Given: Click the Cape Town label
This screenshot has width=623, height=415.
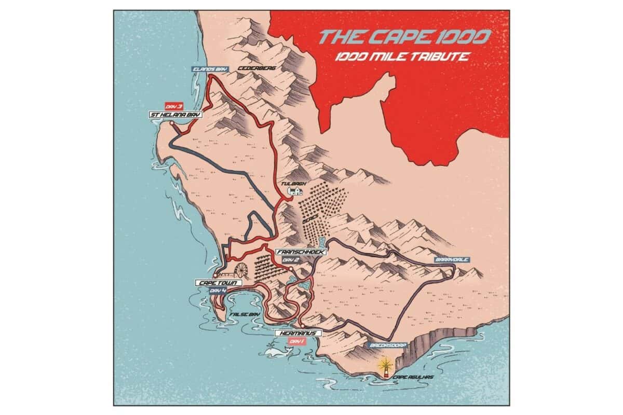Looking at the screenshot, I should coord(217,283).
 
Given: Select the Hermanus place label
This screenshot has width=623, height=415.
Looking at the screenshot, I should coord(296,333).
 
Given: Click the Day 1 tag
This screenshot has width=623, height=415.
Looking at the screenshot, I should coord(296,341).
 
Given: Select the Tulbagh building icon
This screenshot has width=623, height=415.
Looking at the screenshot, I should coord(295,191).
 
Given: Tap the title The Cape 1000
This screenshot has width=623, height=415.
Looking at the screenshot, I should coord(405,37).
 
